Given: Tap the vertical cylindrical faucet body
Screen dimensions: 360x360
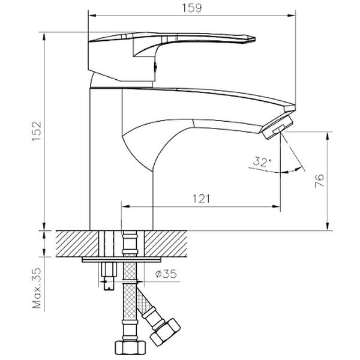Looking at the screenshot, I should (106, 156).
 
